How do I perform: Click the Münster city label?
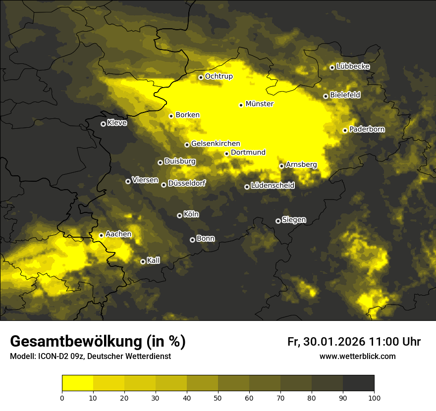[259, 104]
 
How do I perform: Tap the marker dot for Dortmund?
[226, 154]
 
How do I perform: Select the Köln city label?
[191, 214]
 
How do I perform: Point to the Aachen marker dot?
[101, 235]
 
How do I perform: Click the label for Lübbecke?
[353, 66]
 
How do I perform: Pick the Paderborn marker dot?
[345, 130]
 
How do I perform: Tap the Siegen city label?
[294, 220]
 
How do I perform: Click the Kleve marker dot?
[103, 124]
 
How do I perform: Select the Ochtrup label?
[218, 76]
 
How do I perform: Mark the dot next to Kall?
[143, 261]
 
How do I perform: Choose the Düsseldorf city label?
[186, 183]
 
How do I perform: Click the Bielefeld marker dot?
[326, 96]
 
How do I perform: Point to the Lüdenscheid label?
[272, 186]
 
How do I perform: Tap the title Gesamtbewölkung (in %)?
[98, 341]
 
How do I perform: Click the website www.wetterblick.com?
[357, 356]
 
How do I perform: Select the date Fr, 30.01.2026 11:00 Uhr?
[354, 342]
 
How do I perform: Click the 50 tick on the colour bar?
[218, 397]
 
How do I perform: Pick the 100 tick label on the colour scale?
[374, 397]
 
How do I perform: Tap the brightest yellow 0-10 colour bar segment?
[77, 383]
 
